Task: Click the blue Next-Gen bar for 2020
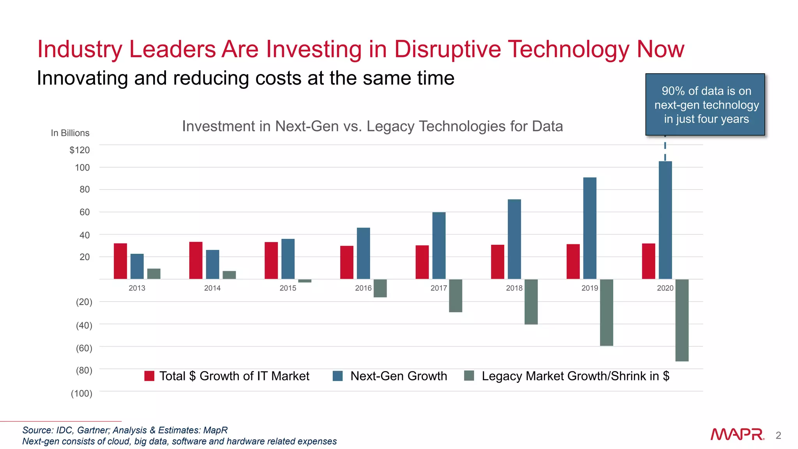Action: (x=665, y=220)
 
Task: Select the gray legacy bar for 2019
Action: (x=606, y=312)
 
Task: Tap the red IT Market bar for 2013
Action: (x=120, y=261)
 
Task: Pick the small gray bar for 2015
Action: (x=305, y=281)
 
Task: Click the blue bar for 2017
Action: (x=439, y=246)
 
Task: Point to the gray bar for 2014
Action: (x=229, y=275)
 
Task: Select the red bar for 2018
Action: (x=498, y=262)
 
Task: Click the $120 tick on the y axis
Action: (x=79, y=150)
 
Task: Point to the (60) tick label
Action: (x=84, y=348)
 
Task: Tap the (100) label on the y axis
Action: (x=81, y=393)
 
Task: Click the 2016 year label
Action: (x=363, y=288)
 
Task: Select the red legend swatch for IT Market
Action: (x=149, y=376)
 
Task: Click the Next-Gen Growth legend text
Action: (x=399, y=376)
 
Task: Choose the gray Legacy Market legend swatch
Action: (x=469, y=376)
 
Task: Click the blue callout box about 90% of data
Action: (x=705, y=104)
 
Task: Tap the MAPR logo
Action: (x=737, y=434)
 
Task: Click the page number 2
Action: (x=778, y=435)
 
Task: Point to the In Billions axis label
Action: (x=70, y=133)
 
